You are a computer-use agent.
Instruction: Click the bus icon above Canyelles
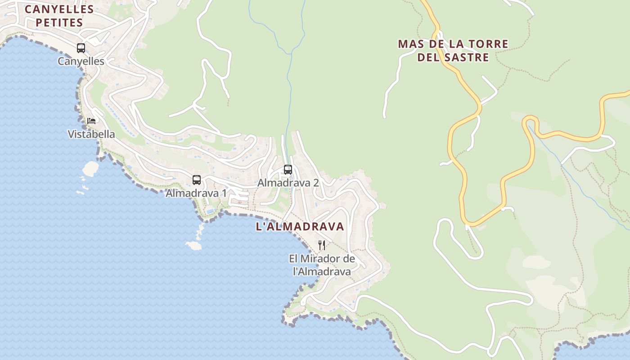pos(81,48)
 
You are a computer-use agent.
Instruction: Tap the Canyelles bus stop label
pos(81,61)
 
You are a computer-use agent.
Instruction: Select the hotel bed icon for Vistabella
pos(91,121)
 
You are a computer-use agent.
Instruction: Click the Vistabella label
pos(91,134)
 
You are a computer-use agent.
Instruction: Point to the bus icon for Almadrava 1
pos(197,180)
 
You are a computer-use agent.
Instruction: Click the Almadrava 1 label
pos(196,193)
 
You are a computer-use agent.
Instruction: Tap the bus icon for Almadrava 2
pos(288,170)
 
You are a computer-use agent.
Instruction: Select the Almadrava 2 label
pos(288,183)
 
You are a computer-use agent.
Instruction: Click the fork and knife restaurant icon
pos(322,245)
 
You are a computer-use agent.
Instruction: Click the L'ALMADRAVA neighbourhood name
pos(300,227)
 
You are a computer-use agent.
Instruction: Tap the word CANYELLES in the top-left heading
pos(59,9)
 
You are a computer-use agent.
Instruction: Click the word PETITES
pos(59,22)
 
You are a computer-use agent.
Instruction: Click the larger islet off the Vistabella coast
pos(90,168)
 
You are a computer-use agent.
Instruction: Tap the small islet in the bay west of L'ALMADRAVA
pos(194,246)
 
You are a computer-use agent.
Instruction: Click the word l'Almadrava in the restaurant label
pos(322,272)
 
